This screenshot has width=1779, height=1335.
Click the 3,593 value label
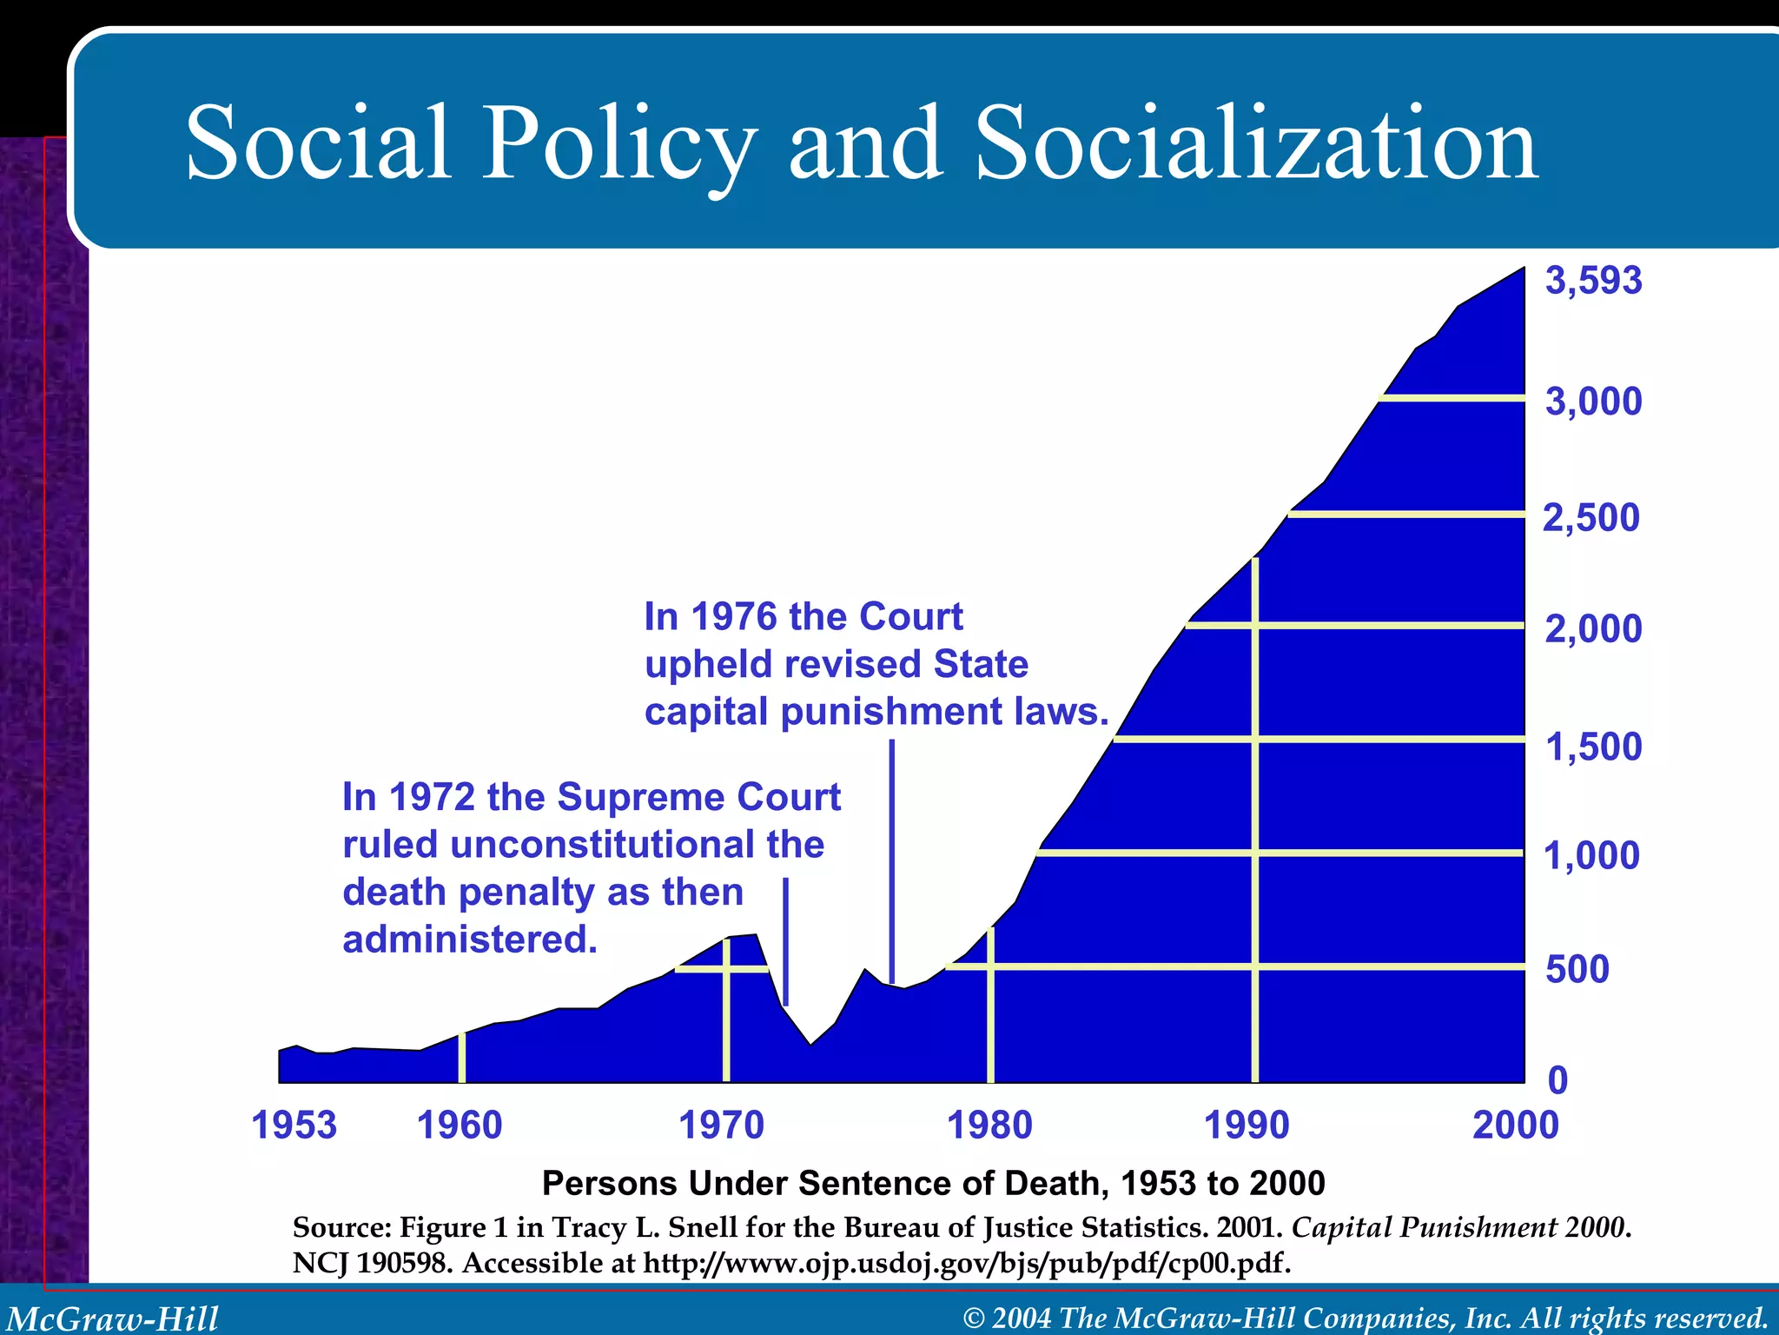pos(1593,281)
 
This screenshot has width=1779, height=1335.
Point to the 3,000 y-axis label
pos(1593,402)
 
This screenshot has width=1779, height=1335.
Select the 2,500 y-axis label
pos(1591,518)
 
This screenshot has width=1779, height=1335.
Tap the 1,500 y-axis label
pos(1593,747)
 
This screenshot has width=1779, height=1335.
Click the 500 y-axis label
pos(1577,969)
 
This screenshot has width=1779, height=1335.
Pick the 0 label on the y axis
pos(1558,1080)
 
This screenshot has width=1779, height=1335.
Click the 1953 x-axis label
pos(294,1126)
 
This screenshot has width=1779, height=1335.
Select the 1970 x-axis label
pos(720,1126)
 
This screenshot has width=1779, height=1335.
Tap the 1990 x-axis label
pos(1247,1126)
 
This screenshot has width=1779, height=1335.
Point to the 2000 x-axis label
pos(1515,1126)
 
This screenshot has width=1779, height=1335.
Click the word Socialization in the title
pos(1256,143)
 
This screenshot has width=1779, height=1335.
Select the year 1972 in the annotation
pos(431,797)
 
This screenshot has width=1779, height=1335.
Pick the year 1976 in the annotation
pos(733,617)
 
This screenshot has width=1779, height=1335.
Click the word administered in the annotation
pos(469,940)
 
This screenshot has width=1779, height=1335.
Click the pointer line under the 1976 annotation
pos(891,860)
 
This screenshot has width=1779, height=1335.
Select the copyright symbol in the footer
pos(975,1318)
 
